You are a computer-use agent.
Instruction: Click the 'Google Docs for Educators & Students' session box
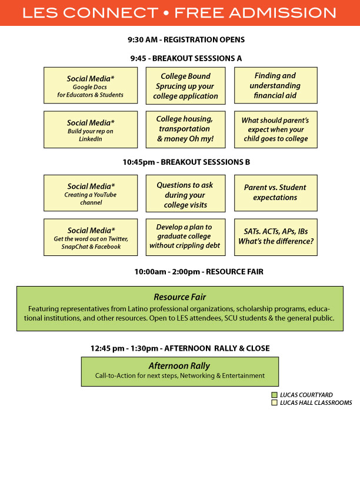click(91, 85)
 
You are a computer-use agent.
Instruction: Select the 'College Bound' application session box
click(186, 86)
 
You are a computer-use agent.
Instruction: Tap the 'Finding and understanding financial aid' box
click(276, 85)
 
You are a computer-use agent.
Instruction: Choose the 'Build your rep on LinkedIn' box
click(91, 129)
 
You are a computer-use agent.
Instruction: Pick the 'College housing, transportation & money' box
click(186, 129)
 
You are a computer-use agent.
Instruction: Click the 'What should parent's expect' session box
click(276, 129)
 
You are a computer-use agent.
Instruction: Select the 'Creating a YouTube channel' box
click(91, 193)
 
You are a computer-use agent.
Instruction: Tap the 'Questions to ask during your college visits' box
click(186, 194)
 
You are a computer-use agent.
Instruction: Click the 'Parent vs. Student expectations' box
click(276, 193)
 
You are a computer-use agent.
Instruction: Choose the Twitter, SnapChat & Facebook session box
click(91, 237)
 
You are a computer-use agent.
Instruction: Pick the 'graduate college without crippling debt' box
click(186, 237)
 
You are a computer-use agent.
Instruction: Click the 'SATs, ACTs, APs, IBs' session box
click(276, 237)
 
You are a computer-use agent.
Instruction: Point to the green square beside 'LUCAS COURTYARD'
click(274, 395)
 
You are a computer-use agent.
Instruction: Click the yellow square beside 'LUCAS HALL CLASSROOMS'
click(274, 403)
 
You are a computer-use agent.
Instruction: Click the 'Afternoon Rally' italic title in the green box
click(179, 365)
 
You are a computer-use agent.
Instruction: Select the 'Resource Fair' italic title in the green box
click(180, 297)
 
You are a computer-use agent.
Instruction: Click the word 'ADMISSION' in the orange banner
click(283, 13)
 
